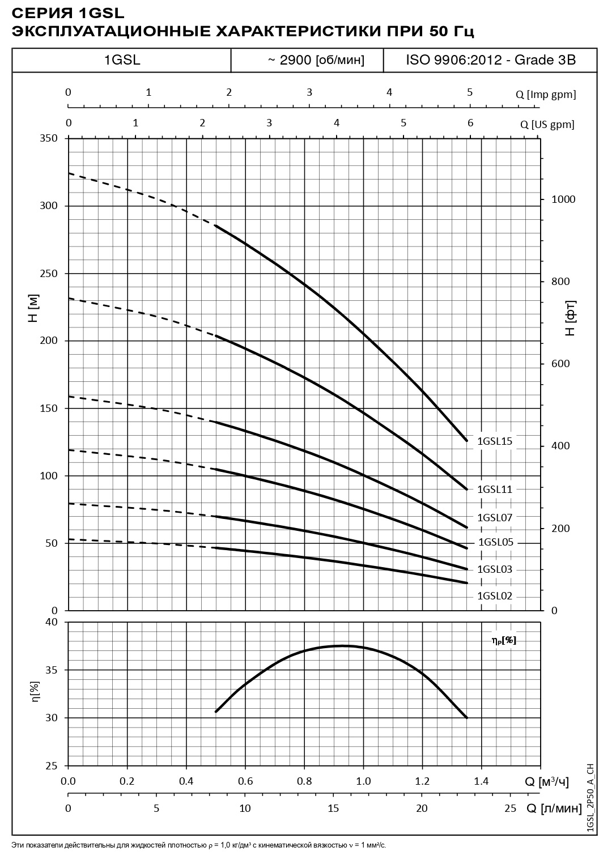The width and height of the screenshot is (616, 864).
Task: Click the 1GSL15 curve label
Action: (495, 441)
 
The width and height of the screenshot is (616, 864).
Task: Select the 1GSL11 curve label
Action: (495, 490)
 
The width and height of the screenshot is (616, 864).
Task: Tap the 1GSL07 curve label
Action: (495, 517)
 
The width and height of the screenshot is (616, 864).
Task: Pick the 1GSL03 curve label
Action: (495, 569)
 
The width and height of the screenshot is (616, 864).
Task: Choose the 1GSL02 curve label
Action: (495, 596)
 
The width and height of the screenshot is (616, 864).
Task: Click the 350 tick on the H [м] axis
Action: (49, 138)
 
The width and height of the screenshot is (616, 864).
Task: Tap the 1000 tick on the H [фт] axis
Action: (563, 199)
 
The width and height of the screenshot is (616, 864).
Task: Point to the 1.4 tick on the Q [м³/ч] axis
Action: (481, 781)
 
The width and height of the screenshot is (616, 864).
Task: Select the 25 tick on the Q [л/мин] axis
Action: (511, 808)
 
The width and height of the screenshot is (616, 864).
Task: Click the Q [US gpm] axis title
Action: (547, 125)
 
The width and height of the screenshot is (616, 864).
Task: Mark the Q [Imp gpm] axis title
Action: (546, 95)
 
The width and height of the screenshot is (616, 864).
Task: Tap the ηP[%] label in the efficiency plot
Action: (504, 641)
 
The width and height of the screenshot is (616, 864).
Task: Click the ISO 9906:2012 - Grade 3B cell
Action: (491, 60)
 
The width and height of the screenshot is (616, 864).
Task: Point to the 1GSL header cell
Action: (122, 60)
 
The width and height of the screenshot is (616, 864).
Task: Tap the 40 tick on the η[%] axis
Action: (52, 622)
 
